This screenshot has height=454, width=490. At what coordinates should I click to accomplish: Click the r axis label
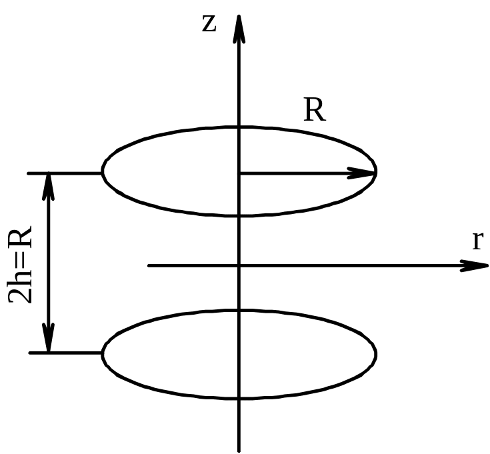[477, 241]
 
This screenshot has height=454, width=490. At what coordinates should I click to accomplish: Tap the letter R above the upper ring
[315, 111]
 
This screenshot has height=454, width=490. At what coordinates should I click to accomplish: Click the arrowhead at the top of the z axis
[239, 27]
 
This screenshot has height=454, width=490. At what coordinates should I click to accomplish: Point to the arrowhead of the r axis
[475, 265]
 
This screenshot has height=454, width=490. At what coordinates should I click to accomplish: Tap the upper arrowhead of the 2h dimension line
[48, 187]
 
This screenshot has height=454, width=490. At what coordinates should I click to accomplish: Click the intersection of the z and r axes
[239, 265]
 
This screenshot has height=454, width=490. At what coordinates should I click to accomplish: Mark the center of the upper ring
[239, 173]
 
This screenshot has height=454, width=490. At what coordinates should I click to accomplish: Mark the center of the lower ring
[239, 353]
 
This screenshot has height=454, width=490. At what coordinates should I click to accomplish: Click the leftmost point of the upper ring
[102, 172]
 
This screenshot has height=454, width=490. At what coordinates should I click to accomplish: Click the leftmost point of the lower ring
[102, 353]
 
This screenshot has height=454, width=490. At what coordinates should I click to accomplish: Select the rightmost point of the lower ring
[377, 353]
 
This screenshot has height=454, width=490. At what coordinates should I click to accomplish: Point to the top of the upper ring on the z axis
[239, 127]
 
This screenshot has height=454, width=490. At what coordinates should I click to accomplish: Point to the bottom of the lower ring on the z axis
[239, 399]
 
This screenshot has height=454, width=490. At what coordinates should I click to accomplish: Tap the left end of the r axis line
[149, 265]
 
